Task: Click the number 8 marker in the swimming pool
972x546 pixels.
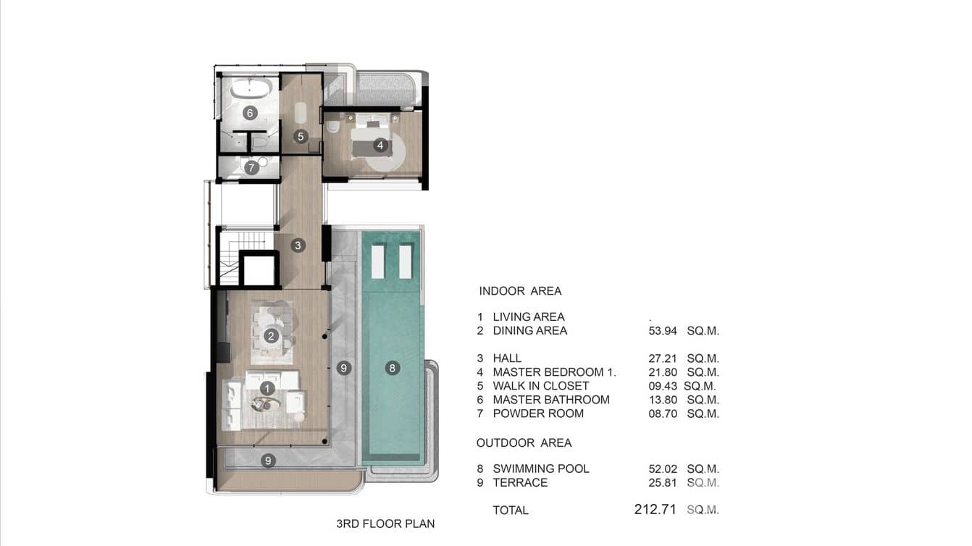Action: (392, 368)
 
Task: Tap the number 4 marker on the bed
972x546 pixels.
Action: (380, 146)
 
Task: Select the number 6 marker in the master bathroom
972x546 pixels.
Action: (249, 113)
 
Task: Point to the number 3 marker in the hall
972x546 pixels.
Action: (298, 245)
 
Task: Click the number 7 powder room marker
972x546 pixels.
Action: (251, 168)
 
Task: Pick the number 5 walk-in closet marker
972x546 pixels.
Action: (300, 136)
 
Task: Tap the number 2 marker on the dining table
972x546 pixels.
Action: (271, 336)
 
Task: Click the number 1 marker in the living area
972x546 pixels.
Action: (267, 389)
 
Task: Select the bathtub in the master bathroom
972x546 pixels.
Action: (251, 90)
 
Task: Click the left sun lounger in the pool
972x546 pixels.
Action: (378, 261)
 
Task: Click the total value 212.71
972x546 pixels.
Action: (655, 510)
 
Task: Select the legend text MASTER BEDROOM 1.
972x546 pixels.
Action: (554, 372)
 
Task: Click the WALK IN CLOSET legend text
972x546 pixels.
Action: (540, 386)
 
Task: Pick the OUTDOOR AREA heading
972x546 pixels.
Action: (524, 442)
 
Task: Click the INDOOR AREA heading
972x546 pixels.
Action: (520, 291)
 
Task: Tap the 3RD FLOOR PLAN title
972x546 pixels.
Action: (385, 524)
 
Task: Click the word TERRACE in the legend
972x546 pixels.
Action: (520, 482)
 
